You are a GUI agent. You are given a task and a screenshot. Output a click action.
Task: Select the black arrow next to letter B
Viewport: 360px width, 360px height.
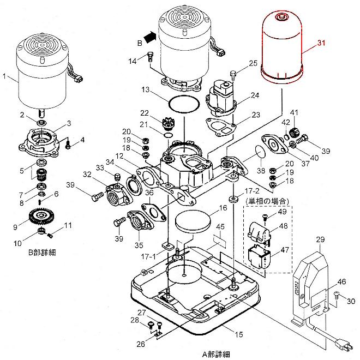(151, 37)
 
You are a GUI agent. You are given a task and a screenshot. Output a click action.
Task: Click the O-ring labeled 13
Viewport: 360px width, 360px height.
(180, 103)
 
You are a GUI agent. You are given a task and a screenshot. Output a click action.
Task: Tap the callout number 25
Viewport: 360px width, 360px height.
(253, 64)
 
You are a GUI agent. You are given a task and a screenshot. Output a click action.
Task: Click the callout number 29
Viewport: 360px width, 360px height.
(320, 240)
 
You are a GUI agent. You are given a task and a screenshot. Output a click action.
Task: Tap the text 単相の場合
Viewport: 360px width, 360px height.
(263, 201)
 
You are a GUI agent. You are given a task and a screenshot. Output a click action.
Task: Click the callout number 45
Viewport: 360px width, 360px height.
(220, 226)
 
